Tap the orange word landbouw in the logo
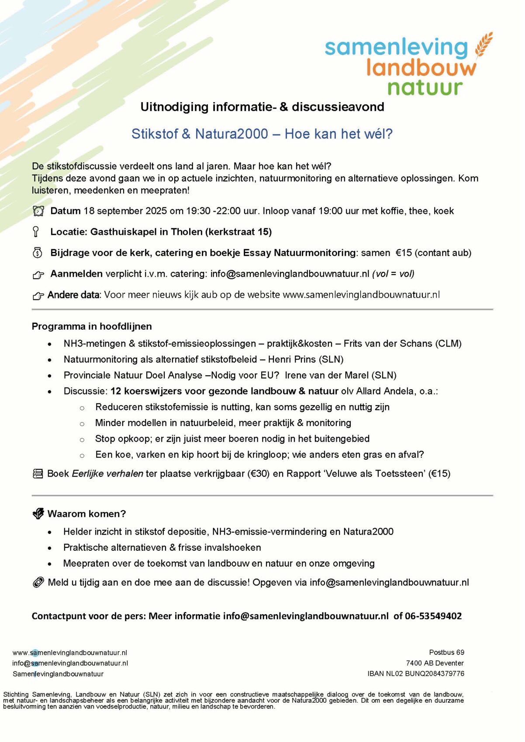421,68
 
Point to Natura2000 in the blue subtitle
231,134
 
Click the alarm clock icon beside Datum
38,211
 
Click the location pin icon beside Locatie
36,232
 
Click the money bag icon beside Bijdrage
38,253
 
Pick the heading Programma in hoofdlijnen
92,326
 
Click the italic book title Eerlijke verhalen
107,474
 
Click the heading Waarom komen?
86,514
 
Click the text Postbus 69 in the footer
446,653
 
